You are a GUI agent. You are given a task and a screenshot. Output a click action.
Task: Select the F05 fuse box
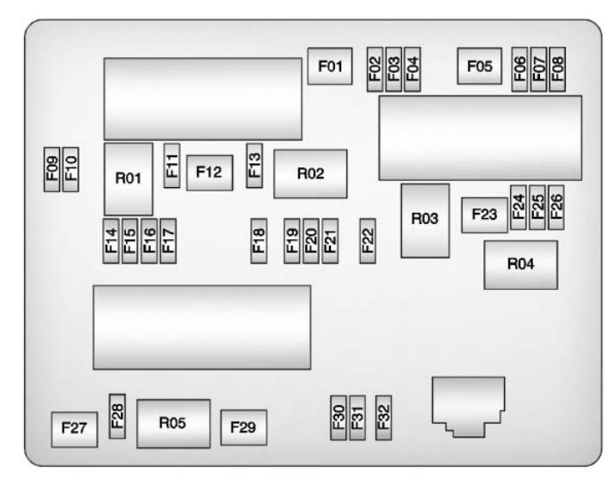pyautogui.click(x=480, y=67)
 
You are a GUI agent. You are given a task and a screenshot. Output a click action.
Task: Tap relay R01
pyautogui.click(x=128, y=178)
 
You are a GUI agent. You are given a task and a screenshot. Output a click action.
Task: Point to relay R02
pyautogui.click(x=310, y=173)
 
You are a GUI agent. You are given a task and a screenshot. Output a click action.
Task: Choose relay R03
pyautogui.click(x=424, y=220)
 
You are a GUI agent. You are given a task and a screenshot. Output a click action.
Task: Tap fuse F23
pyautogui.click(x=483, y=215)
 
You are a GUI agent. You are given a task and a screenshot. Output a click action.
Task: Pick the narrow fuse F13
pyautogui.click(x=255, y=164)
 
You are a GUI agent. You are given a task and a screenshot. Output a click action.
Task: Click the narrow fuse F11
pyautogui.click(x=172, y=164)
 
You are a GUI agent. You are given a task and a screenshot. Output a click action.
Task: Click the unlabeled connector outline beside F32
pyautogui.click(x=467, y=403)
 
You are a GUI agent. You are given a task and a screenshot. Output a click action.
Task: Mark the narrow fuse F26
pyautogui.click(x=555, y=207)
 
